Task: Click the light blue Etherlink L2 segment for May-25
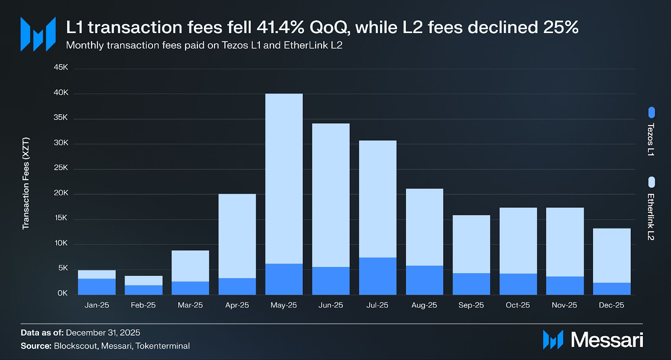pyautogui.click(x=284, y=178)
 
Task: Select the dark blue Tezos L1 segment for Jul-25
pyautogui.click(x=377, y=276)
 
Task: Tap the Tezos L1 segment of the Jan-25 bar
pyautogui.click(x=97, y=287)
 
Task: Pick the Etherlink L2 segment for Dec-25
pyautogui.click(x=611, y=255)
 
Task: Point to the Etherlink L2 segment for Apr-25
pyautogui.click(x=237, y=236)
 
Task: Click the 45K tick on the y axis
pyautogui.click(x=61, y=67)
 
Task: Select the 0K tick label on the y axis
pyautogui.click(x=62, y=293)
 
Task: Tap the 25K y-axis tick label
pyautogui.click(x=61, y=168)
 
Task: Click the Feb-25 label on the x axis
pyautogui.click(x=143, y=305)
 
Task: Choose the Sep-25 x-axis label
pyautogui.click(x=471, y=305)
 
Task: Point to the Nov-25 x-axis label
pyautogui.click(x=564, y=305)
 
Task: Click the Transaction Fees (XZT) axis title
pyautogui.click(x=26, y=183)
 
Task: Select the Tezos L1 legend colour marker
pyautogui.click(x=651, y=112)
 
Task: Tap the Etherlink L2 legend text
pyautogui.click(x=650, y=217)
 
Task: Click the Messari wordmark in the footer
pyautogui.click(x=607, y=339)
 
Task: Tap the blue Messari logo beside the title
pyautogui.click(x=38, y=34)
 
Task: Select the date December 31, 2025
pyautogui.click(x=103, y=333)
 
